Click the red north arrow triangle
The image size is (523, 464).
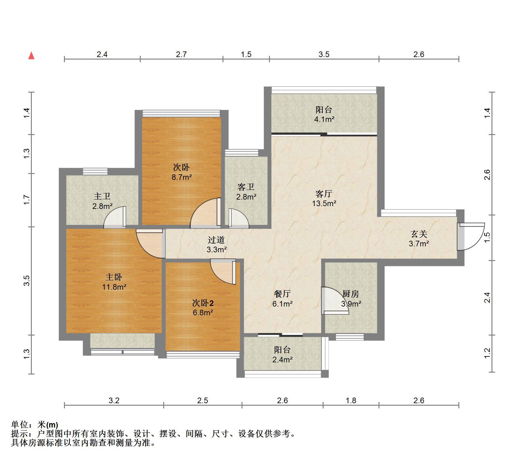tap(31, 56)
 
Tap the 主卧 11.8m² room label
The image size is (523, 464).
tap(114, 282)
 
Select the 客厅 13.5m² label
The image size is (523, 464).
tap(324, 199)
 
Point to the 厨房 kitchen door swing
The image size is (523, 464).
tap(335, 301)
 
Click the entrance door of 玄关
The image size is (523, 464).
tap(471, 236)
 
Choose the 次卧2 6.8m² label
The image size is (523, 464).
tap(203, 307)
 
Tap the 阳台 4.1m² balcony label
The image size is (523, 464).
tap(324, 114)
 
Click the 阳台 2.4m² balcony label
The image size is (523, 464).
tap(282, 355)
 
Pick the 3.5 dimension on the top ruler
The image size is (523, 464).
tap(324, 55)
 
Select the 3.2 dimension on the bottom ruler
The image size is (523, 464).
tap(114, 400)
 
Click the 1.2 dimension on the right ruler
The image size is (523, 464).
tap(487, 353)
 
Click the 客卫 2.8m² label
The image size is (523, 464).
tap(246, 192)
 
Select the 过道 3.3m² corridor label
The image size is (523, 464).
tap(216, 244)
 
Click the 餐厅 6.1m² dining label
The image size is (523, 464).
tap(282, 298)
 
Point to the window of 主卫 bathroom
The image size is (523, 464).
tap(95, 171)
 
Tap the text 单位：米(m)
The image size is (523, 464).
tap(35, 425)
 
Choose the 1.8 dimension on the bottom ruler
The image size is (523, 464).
tap(351, 400)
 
